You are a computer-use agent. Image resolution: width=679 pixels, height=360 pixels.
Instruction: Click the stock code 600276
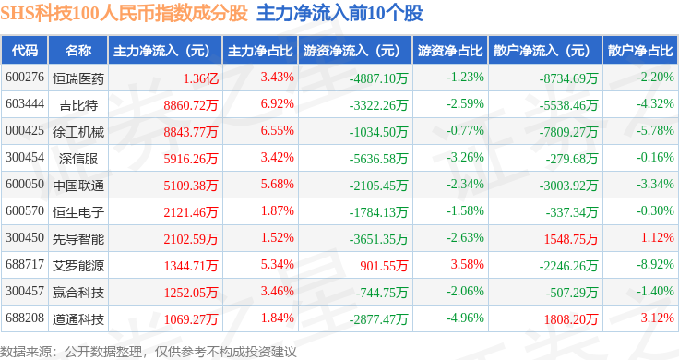(x=25, y=78)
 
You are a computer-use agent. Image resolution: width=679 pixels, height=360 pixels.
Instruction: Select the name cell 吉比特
(x=78, y=105)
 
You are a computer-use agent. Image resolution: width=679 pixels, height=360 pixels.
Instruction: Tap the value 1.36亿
(x=200, y=78)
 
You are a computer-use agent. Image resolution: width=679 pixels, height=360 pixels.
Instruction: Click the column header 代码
(x=25, y=51)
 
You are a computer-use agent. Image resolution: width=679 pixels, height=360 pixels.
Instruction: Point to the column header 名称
(x=78, y=51)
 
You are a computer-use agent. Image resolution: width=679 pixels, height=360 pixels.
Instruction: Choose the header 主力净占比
(x=260, y=51)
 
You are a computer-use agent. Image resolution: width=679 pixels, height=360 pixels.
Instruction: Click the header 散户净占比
(x=640, y=51)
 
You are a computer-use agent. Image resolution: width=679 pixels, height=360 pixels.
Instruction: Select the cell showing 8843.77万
(x=191, y=132)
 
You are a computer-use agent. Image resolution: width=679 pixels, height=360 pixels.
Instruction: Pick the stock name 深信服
(x=78, y=159)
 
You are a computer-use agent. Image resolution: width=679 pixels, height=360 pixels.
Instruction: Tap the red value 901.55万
(x=384, y=266)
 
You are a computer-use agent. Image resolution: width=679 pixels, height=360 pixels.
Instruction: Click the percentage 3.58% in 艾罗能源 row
(x=467, y=264)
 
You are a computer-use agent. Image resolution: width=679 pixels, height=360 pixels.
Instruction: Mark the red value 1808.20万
(x=571, y=319)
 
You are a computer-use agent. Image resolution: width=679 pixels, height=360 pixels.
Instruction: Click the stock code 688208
(x=25, y=318)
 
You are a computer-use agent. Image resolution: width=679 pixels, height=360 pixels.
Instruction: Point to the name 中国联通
(x=78, y=186)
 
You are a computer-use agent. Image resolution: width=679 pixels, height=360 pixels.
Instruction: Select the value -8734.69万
(x=568, y=78)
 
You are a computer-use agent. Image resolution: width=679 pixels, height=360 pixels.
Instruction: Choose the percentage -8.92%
(x=655, y=264)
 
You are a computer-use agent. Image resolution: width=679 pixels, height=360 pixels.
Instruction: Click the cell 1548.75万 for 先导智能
(x=571, y=239)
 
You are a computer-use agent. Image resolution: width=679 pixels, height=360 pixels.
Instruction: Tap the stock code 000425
(x=25, y=130)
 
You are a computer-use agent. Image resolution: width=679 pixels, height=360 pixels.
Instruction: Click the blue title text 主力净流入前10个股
(x=339, y=13)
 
